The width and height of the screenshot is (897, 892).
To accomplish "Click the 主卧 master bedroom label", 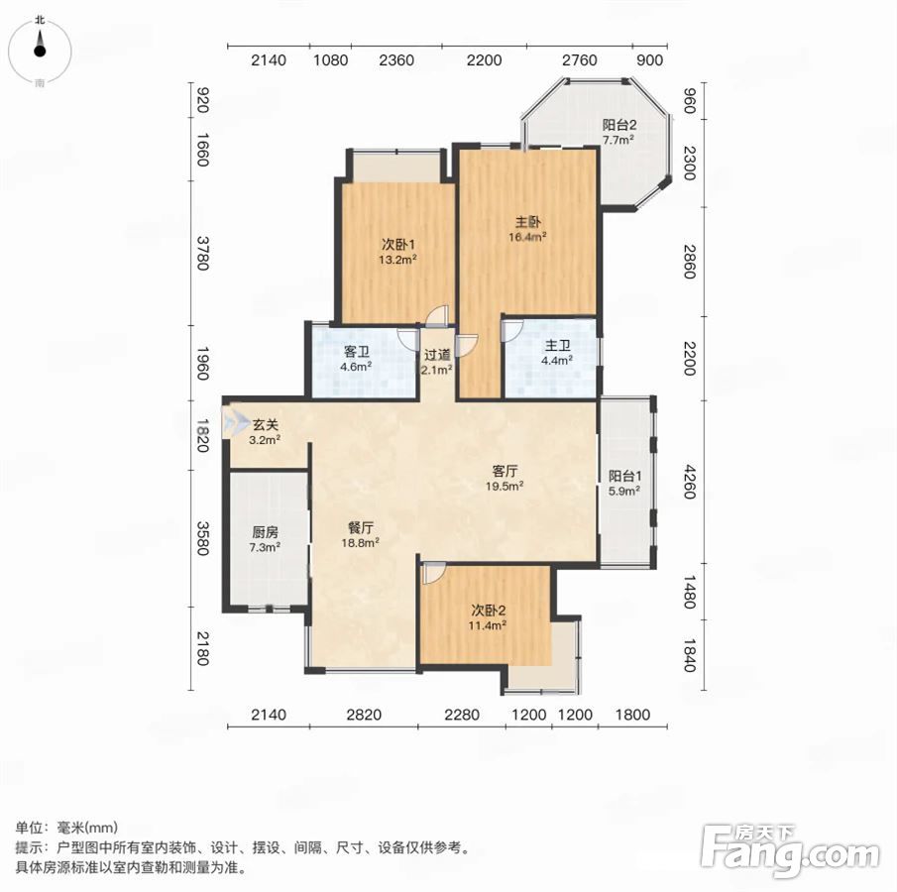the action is (528, 221).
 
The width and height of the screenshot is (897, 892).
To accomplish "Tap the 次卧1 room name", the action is (398, 245).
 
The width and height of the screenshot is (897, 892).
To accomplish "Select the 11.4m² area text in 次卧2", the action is (488, 625).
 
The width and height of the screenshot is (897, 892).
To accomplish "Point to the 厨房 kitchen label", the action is (265, 532).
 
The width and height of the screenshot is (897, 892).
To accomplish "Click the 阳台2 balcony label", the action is (619, 125).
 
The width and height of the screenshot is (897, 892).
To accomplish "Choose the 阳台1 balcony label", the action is (624, 476).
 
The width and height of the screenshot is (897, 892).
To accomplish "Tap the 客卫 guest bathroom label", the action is (357, 351).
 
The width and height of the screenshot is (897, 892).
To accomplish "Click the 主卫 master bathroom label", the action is (557, 345).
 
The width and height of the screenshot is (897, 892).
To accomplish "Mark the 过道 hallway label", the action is (437, 355).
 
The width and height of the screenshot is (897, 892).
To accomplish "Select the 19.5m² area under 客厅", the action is (505, 487).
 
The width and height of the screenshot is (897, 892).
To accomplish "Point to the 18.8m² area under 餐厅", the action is (361, 542).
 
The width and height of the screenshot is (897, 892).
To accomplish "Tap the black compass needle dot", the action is (40, 51).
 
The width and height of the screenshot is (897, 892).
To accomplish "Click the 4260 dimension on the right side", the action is (690, 482).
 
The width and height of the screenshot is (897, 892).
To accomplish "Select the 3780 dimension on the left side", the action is (202, 253).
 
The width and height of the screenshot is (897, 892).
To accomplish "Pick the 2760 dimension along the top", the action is (580, 60).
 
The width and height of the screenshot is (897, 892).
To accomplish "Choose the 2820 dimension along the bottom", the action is (364, 715).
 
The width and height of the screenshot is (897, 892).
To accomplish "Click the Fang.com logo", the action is (790, 849).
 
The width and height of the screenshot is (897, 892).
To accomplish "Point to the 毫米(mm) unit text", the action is (87, 828).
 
